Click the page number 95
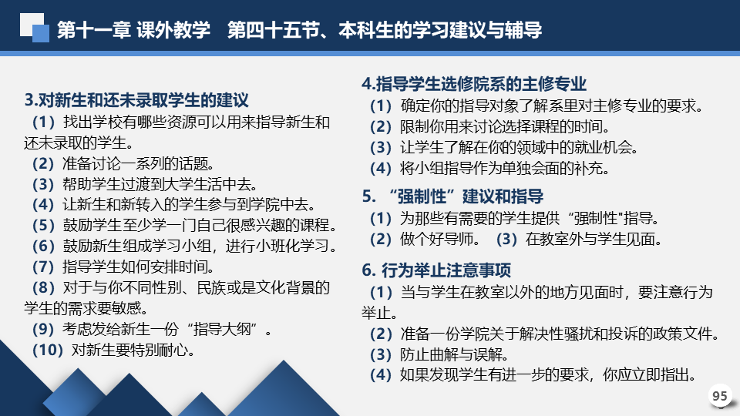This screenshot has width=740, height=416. click(720, 396)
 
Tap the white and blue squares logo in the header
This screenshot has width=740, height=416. click(35, 28)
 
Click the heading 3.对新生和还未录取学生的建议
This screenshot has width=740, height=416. click(136, 100)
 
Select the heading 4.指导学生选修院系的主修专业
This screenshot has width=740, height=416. click(474, 84)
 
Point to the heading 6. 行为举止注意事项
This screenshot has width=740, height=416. click(436, 270)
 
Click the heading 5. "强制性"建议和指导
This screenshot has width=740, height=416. click(452, 196)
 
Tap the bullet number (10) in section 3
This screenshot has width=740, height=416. click(48, 350)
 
